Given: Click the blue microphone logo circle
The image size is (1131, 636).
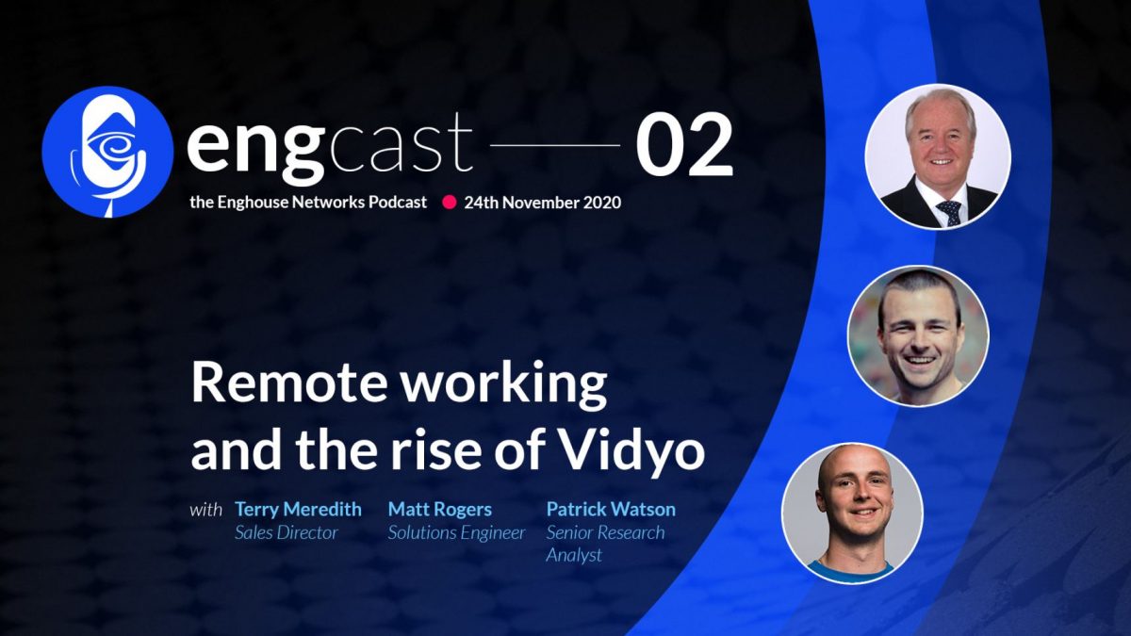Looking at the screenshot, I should [107, 152].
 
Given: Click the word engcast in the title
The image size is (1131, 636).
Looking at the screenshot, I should [329, 147].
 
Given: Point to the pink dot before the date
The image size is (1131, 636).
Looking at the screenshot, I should [450, 202].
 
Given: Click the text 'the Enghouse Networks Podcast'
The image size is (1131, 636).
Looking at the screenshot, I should [306, 202].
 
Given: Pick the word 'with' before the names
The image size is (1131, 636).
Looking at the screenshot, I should [206, 511].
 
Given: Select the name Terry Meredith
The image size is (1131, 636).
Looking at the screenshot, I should [298, 510].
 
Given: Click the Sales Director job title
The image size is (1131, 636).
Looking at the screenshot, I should [286, 533].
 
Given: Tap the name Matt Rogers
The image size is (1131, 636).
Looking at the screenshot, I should [439, 510].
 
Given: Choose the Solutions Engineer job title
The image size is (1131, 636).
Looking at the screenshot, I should [456, 533].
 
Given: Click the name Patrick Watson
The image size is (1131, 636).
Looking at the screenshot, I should [611, 510].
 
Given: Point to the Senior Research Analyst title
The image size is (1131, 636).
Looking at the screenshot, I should [605, 544].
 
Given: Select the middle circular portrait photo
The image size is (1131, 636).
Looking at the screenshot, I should [918, 335].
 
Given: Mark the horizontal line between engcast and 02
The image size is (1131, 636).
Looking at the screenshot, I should [555, 147].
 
